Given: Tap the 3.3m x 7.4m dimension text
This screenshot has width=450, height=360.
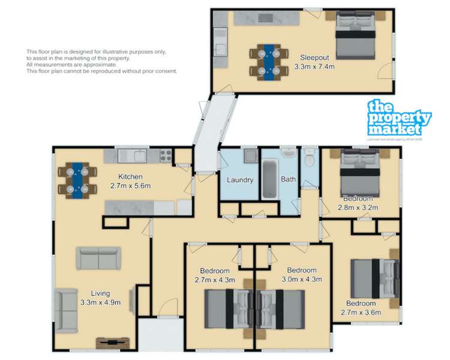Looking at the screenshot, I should (314, 67).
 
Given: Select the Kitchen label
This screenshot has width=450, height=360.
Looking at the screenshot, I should (130, 176).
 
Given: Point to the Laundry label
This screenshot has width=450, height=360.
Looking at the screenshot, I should (240, 180).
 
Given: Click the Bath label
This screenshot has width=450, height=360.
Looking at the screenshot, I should (289, 179).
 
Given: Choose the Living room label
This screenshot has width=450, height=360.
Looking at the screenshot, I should (101, 293).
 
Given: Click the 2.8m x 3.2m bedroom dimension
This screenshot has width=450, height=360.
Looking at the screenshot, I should (358, 208).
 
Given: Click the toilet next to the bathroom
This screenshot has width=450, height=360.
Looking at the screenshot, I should (310, 160).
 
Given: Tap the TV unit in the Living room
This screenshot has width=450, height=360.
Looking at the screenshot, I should (112, 343).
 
